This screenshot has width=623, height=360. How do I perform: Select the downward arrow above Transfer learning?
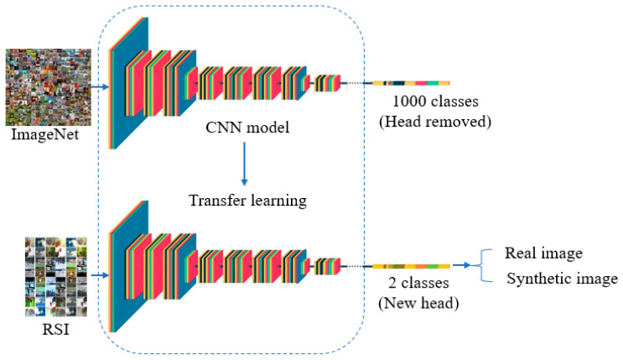click(243, 164)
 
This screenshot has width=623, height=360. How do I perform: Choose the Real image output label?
click(543, 253)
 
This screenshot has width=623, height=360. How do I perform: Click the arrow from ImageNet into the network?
click(99, 85)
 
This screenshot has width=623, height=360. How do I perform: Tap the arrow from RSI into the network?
click(99, 273)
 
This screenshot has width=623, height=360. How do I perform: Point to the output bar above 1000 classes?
click(411, 83)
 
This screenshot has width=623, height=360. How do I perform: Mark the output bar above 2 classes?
click(411, 266)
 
